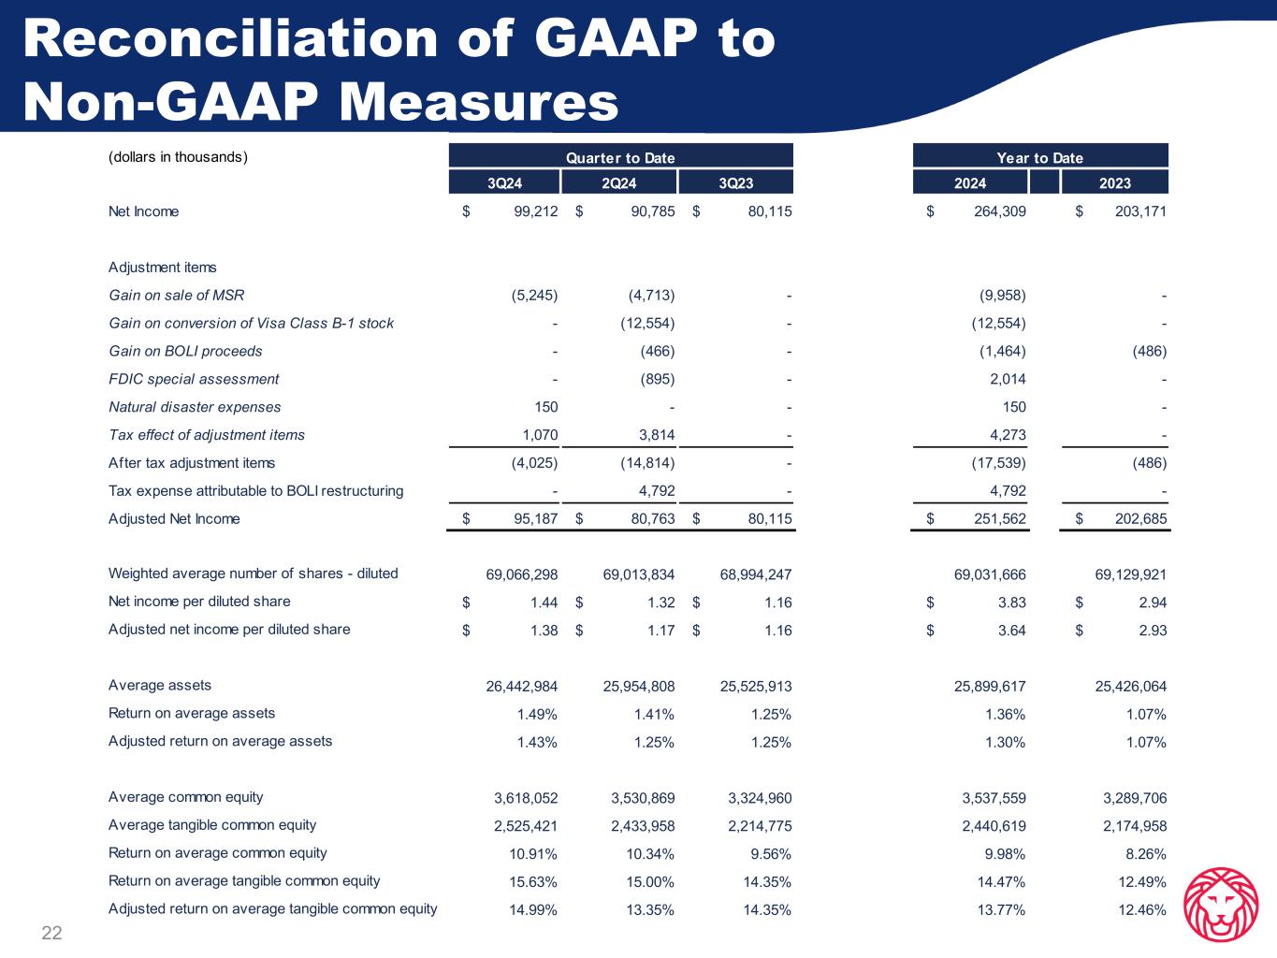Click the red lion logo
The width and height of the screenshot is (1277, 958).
(x=1220, y=904)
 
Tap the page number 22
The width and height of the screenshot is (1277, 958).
(x=51, y=932)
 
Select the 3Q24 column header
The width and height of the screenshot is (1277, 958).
(x=505, y=182)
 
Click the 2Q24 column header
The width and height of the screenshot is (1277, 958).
(x=619, y=182)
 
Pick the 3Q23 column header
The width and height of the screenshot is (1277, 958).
(x=735, y=182)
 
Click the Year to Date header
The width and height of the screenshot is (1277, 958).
(x=1040, y=157)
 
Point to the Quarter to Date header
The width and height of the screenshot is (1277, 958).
(x=620, y=157)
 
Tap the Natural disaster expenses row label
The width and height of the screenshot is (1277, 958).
(x=195, y=407)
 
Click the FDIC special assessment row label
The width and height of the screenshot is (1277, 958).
(x=194, y=379)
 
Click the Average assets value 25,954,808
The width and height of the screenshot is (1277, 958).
(x=638, y=687)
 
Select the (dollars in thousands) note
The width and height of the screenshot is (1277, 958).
(x=178, y=156)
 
